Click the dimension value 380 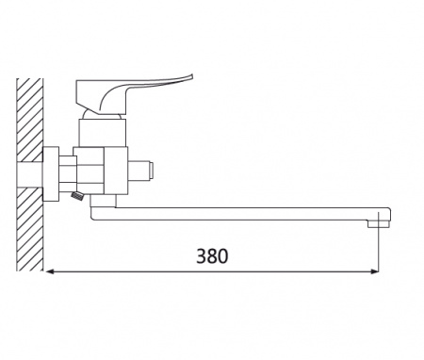(x=212, y=256)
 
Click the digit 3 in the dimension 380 (x=202, y=256)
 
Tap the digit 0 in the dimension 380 (x=222, y=256)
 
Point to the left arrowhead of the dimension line (x=50, y=271)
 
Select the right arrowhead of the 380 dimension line (x=374, y=271)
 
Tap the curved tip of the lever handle (x=189, y=76)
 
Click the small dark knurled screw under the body (x=77, y=196)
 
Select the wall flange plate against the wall (x=51, y=173)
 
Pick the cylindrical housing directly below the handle (x=103, y=133)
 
